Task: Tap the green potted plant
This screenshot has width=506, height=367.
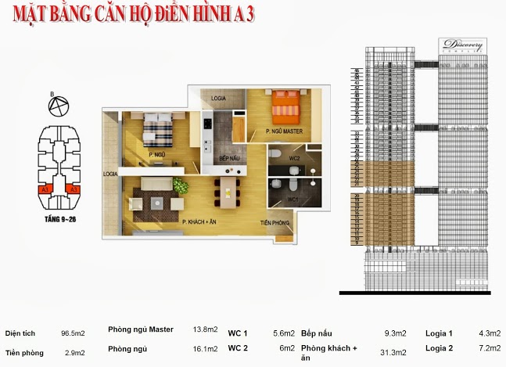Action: point(181,186)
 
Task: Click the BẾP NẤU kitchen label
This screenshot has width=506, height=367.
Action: point(228,159)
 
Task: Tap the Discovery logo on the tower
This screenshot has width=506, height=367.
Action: point(462,46)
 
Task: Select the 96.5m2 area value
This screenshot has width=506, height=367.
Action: point(72,333)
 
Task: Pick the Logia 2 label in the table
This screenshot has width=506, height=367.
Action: point(439,348)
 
